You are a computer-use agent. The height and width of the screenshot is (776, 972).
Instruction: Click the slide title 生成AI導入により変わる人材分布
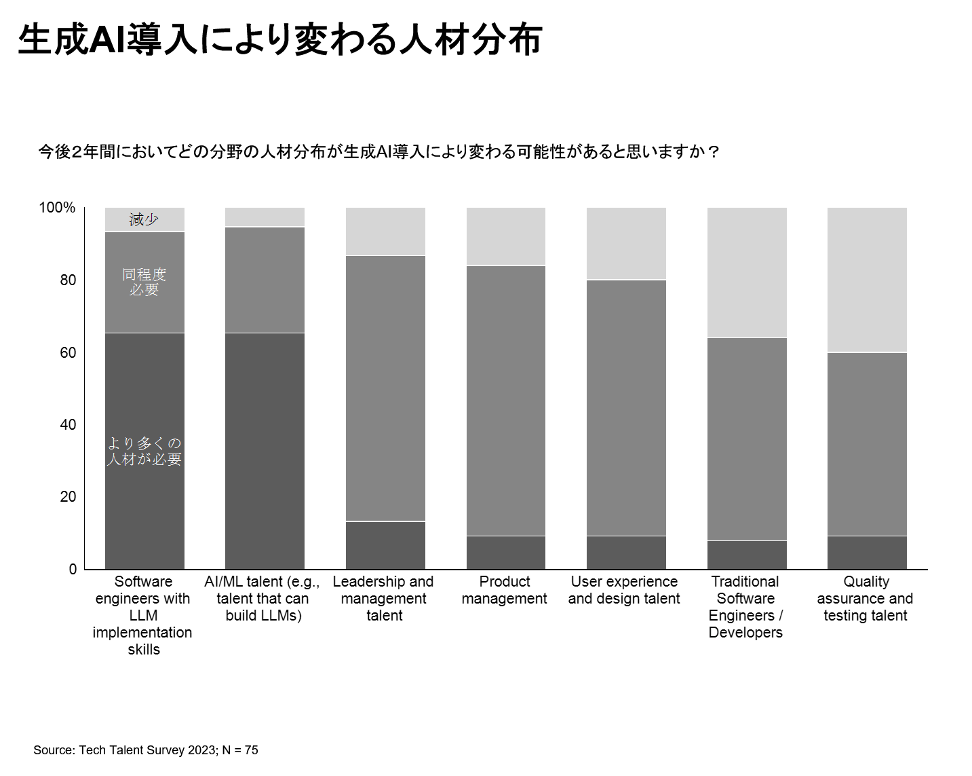pyautogui.click(x=279, y=39)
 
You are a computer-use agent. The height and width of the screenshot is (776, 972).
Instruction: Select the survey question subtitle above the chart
pyautogui.click(x=378, y=151)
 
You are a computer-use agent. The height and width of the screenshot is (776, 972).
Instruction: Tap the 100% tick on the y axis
pyautogui.click(x=57, y=208)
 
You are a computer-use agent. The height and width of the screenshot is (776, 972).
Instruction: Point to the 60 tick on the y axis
pyautogui.click(x=67, y=352)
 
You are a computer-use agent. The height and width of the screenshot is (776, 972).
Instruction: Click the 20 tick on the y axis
pyautogui.click(x=67, y=497)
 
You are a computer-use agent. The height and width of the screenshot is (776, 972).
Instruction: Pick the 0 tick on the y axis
pyautogui.click(x=73, y=569)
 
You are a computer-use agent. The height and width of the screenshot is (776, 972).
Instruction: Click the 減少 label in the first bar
pyautogui.click(x=144, y=219)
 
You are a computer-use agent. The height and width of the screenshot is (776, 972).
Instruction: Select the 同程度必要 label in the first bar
pyautogui.click(x=144, y=282)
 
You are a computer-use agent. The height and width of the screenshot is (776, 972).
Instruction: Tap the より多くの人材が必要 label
pyautogui.click(x=144, y=451)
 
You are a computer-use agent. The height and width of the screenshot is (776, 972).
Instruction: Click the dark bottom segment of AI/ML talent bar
pyautogui.click(x=265, y=451)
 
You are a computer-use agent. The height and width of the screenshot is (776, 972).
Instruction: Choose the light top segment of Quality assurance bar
pyautogui.click(x=867, y=280)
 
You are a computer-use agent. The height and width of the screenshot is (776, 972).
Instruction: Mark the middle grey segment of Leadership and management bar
pyautogui.click(x=385, y=388)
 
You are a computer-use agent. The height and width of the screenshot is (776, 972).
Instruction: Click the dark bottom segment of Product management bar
pyautogui.click(x=505, y=553)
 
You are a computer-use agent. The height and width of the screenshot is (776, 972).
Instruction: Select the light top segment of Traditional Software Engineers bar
pyautogui.click(x=747, y=272)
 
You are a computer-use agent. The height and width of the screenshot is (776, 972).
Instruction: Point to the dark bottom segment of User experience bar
pyautogui.click(x=626, y=553)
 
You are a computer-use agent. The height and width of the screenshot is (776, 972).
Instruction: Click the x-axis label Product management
pyautogui.click(x=504, y=590)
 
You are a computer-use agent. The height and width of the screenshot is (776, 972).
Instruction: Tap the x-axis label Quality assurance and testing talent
pyautogui.click(x=866, y=598)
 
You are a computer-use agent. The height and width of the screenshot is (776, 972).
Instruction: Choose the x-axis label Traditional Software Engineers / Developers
pyautogui.click(x=745, y=606)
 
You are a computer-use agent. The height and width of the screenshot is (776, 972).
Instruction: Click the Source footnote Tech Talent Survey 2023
pyautogui.click(x=146, y=750)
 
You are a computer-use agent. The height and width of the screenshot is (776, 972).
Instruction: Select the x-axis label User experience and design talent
pyautogui.click(x=624, y=590)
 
